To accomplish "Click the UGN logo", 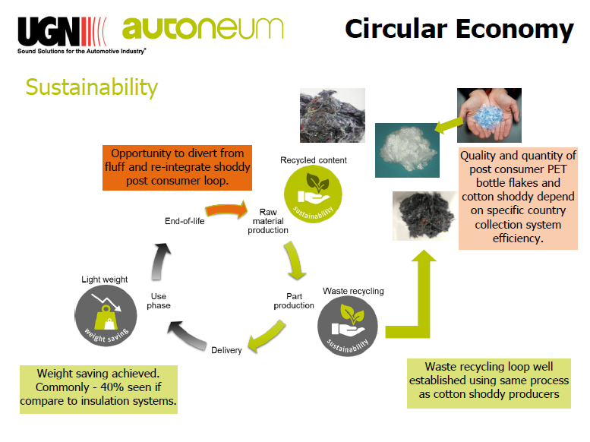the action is pos(81,35).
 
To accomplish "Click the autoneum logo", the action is pos(203,29).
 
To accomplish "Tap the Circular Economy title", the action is pos(459,30).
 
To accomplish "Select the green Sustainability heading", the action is pos(92,87).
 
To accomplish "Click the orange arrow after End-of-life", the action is pos(226,210).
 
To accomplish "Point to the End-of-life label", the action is pos(185,221).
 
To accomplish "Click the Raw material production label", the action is pos(268,221).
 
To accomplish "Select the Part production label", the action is pos(294,301).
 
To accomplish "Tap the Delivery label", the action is pos(226,350).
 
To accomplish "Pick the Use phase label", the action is pos(159,301).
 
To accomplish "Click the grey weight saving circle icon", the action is pos(106,315).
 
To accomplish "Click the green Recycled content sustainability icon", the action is pos(313,194).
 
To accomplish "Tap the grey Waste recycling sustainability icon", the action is pos(347,326).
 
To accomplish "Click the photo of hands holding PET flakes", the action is pos(489,115).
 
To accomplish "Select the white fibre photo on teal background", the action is pos(407,150).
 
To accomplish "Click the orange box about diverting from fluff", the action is pos(177,168).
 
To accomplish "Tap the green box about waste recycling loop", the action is pos(489,384).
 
